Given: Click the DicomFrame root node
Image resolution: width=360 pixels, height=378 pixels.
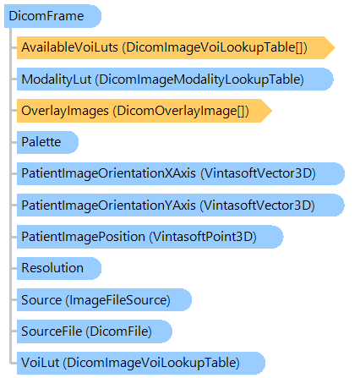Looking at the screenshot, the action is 52,16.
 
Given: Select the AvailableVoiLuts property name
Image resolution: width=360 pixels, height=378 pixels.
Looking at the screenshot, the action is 69,47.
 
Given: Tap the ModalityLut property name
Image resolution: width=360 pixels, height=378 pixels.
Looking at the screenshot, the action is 57,79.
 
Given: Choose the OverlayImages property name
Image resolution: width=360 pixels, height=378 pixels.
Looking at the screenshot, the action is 65,111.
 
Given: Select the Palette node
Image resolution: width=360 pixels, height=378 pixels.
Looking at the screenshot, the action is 47,142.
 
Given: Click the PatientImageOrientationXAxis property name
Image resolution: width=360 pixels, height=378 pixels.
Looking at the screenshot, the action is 108,173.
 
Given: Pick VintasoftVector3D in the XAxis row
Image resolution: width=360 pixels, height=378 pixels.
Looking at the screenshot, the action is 258,173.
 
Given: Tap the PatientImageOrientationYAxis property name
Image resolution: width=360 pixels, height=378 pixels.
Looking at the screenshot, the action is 108,205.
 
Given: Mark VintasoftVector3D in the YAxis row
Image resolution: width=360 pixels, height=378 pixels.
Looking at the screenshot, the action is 257,205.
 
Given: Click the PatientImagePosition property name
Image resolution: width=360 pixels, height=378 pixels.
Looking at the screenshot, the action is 84,237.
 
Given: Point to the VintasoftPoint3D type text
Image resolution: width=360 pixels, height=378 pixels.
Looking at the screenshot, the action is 203,237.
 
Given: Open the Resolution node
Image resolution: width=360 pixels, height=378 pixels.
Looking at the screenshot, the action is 59,268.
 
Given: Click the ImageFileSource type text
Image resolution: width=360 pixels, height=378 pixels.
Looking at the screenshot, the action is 118,300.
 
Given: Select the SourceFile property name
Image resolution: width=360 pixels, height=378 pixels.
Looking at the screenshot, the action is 52,331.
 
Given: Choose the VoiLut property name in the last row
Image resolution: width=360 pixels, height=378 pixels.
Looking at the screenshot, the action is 41,363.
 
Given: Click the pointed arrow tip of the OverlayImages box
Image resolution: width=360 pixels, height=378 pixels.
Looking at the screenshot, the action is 272,111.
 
